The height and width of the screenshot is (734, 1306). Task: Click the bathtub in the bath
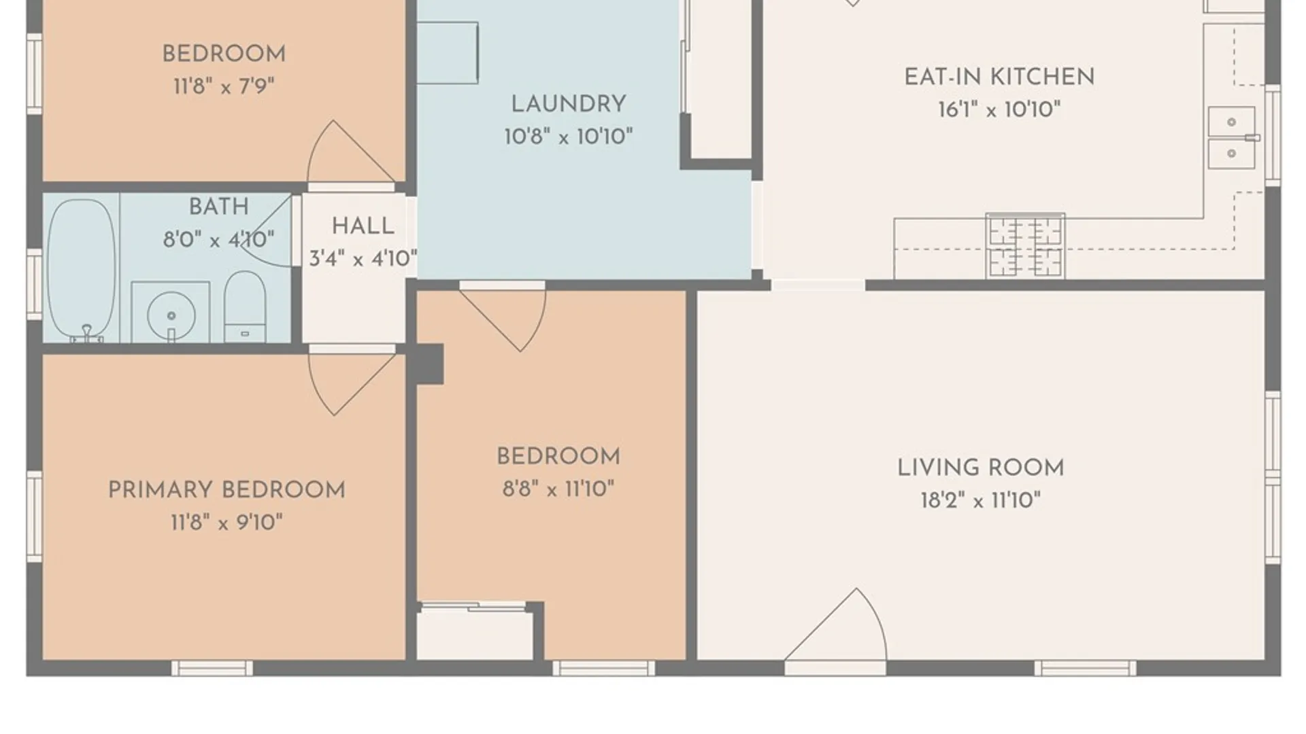[x=81, y=269]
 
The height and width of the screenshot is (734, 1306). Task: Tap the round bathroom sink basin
[x=171, y=315]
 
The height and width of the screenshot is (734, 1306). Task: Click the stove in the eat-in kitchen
[x=1025, y=245]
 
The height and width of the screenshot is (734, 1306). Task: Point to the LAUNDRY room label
[x=568, y=105]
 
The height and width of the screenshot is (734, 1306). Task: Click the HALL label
[x=363, y=226]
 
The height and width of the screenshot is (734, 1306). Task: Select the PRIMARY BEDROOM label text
[x=227, y=490]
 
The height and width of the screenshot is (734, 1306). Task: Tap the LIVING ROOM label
[x=980, y=468]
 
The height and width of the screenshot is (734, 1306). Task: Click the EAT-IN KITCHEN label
[x=999, y=77]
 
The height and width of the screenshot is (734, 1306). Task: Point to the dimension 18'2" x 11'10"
[x=980, y=501]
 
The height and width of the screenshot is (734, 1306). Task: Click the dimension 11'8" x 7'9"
[x=224, y=87]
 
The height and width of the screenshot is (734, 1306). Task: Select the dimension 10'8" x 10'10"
[x=568, y=137]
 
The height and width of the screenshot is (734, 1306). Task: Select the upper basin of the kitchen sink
[x=1231, y=122]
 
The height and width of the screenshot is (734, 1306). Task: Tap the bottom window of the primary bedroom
[x=212, y=668]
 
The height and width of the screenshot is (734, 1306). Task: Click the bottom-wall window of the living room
[x=1085, y=668]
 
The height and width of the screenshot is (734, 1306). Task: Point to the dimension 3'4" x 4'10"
[x=363, y=259]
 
